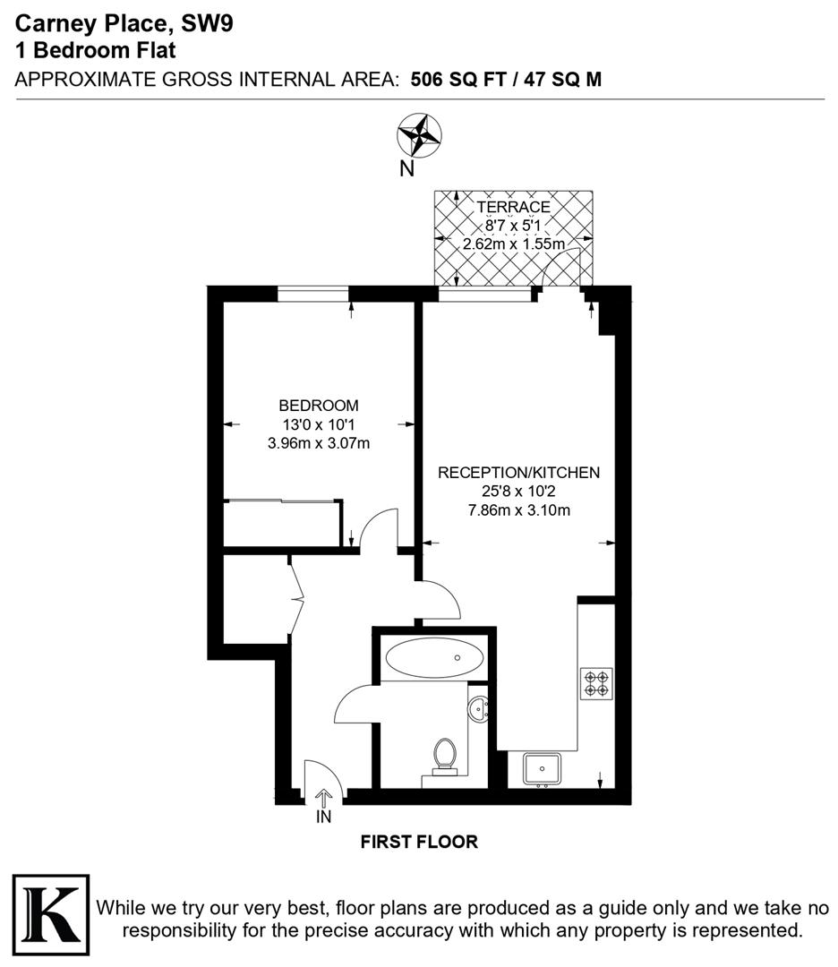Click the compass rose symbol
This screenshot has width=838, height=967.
[x=418, y=136]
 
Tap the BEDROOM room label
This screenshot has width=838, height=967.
[x=319, y=405]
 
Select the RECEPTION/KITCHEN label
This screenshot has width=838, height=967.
[x=518, y=473]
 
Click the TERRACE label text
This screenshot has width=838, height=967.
[x=513, y=207]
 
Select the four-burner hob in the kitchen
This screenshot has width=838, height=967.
[x=596, y=683]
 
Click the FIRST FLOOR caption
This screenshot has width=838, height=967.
[x=419, y=842]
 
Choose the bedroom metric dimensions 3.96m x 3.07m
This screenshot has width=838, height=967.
[x=319, y=442]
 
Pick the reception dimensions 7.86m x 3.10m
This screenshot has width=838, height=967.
[x=518, y=510]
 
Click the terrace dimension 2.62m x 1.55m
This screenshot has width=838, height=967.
[x=513, y=244]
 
